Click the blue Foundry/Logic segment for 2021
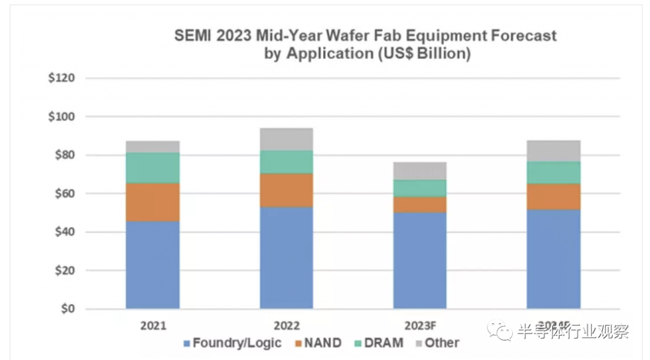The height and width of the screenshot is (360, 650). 152,265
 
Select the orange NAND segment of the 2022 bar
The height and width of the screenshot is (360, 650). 286,190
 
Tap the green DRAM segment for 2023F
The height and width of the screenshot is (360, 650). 420,188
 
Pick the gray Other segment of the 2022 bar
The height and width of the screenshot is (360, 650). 286,139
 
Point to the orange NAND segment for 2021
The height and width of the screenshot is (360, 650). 152,202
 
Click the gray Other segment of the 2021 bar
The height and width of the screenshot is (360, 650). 152,146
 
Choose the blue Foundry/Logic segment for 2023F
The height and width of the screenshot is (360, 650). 420,261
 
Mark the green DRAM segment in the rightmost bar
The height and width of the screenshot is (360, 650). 553,173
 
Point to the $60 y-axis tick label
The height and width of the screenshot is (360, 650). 63,194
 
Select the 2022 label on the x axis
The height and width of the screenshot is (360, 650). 286,326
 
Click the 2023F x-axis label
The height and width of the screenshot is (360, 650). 420,326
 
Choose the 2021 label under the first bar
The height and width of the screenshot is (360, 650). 153,326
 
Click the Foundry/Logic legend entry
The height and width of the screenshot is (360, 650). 232,344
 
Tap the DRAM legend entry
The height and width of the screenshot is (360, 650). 377,344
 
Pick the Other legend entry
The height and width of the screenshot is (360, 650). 436,344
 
